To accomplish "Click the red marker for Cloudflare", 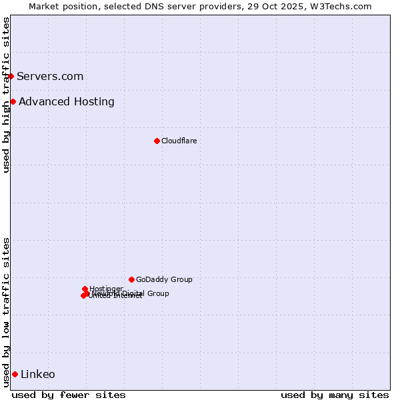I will tap(157, 141).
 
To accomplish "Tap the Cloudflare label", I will tap(179, 141).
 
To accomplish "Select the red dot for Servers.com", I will tap(11, 76).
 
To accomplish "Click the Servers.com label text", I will tap(50, 76).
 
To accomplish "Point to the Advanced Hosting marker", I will tap(13, 101).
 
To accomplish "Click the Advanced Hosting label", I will tap(67, 101).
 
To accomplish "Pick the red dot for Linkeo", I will tap(15, 374).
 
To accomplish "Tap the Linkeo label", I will tap(38, 374).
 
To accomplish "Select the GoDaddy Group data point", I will tap(131, 279).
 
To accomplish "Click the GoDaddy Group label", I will tap(164, 279).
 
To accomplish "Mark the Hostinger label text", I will tap(106, 288).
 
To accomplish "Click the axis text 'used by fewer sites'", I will tap(69, 395).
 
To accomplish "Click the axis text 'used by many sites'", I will tap(335, 395).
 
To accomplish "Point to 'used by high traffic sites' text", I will tap(6, 95).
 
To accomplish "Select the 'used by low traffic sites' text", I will tap(6, 311).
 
